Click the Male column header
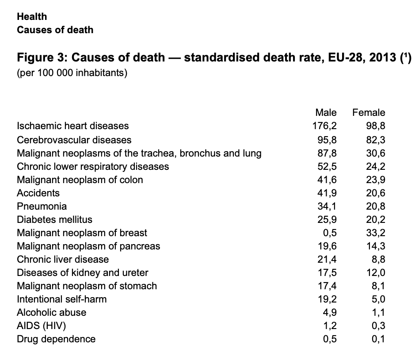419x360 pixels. coord(326,112)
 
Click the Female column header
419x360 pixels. coord(369,112)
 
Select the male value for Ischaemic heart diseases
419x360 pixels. coord(325,126)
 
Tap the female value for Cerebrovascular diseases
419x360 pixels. coord(376,140)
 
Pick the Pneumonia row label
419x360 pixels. coord(42,206)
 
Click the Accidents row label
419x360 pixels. coord(38,193)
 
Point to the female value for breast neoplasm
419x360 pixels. coord(376,233)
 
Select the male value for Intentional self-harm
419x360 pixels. coord(328,299)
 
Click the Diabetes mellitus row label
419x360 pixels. coord(54,219)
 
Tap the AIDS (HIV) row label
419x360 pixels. coord(42,326)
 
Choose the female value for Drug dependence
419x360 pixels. coord(378,339)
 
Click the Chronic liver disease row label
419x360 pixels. coord(63,259)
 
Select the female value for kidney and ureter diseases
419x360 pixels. coord(376,272)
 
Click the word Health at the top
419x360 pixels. coord(31,17)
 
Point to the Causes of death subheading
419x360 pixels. coord(55,30)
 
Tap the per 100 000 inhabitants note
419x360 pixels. coord(72,73)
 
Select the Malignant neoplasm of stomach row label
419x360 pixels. coord(87,286)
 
